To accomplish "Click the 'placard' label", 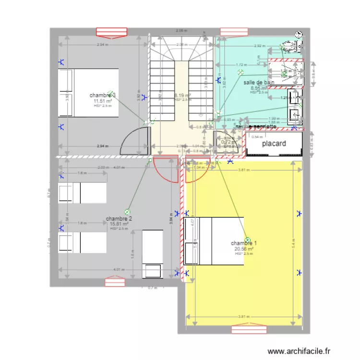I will click(274, 144).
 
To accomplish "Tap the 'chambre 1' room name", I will click(243, 243).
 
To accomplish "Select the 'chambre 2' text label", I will click(119, 218).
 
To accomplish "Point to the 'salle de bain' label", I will click(259, 83).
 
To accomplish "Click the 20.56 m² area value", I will click(244, 249).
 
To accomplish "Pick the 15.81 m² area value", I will click(119, 224).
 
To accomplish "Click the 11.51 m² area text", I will click(103, 101).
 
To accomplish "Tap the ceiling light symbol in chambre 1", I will click(248, 240).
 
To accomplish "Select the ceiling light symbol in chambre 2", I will click(127, 211).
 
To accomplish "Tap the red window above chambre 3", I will click(110, 32).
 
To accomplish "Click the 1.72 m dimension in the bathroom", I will click(241, 64).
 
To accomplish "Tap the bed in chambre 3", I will click(88, 93).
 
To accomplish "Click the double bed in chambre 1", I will click(214, 241).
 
